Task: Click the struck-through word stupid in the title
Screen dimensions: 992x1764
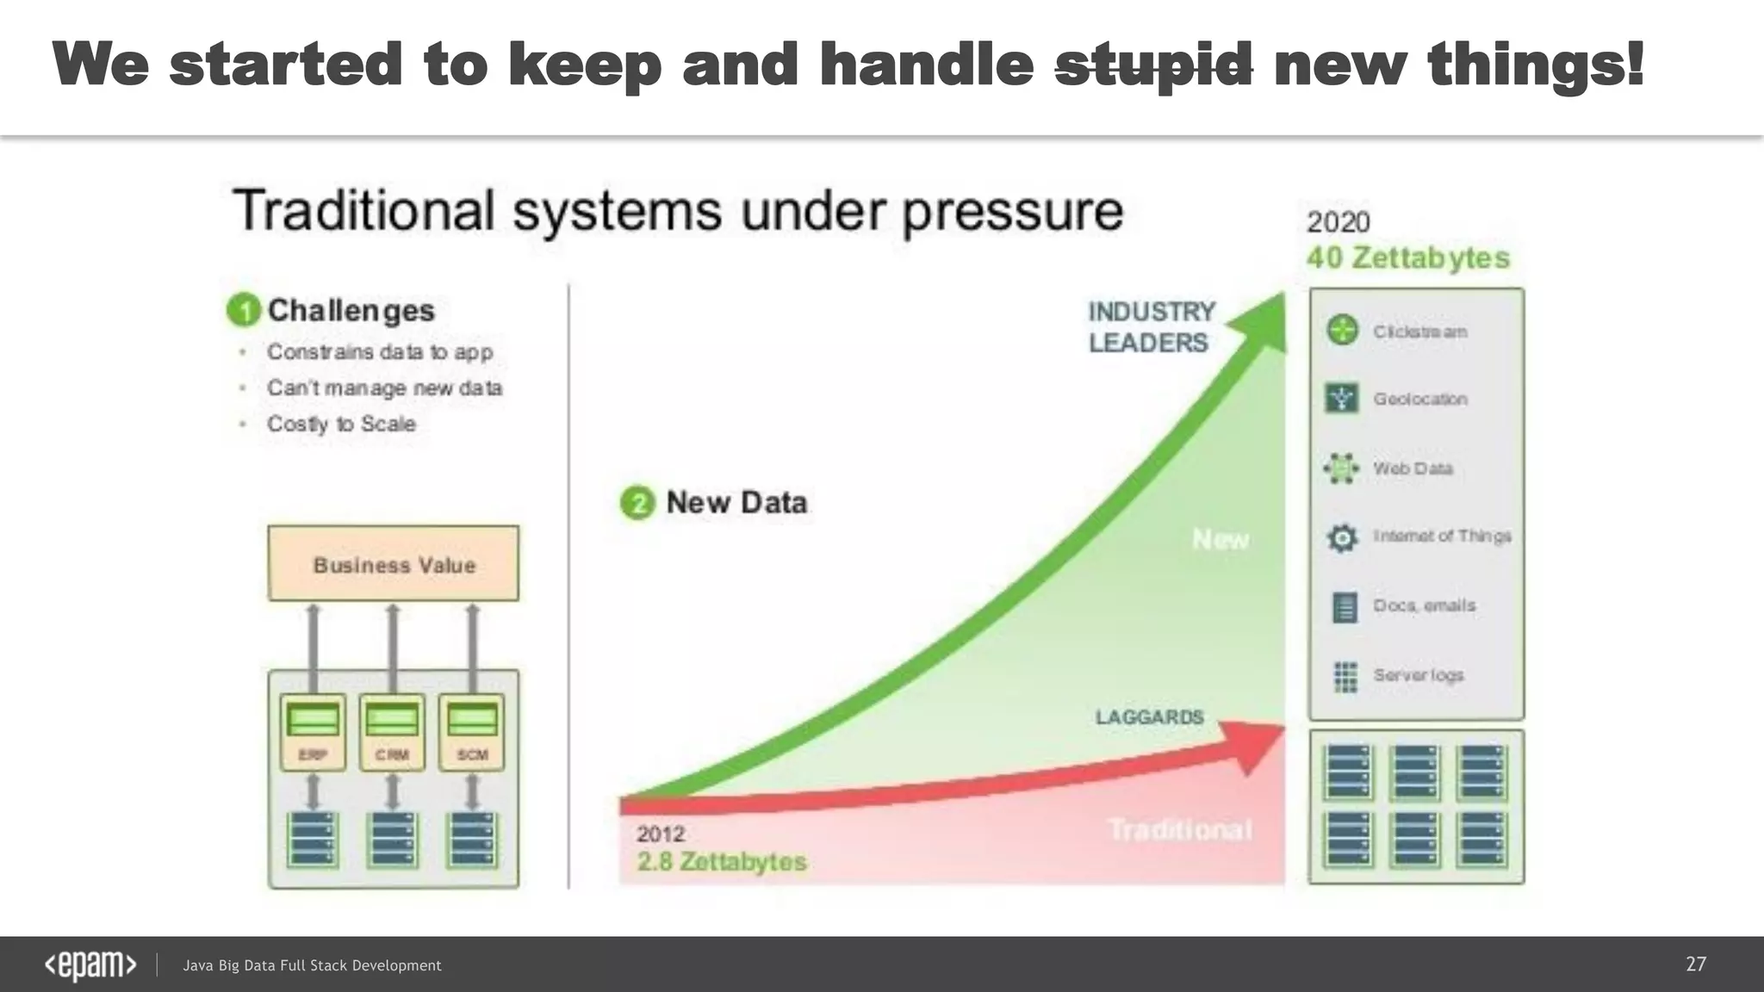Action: pyautogui.click(x=1153, y=65)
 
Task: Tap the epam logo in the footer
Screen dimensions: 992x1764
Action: pyautogui.click(x=90, y=965)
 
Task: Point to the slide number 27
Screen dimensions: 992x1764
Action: pyautogui.click(x=1695, y=964)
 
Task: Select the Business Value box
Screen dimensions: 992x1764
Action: pyautogui.click(x=394, y=564)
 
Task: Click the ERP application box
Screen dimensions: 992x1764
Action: pyautogui.click(x=313, y=732)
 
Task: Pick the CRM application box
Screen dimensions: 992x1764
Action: pyautogui.click(x=392, y=732)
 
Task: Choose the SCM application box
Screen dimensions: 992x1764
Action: pyautogui.click(x=472, y=732)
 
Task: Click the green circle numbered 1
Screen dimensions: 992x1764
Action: pyautogui.click(x=244, y=310)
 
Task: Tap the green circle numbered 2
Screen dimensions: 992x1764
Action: pyautogui.click(x=637, y=503)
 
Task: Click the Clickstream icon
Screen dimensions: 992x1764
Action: pyautogui.click(x=1342, y=331)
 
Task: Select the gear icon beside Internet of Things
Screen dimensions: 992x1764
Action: pyautogui.click(x=1342, y=537)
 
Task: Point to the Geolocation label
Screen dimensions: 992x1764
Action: pyautogui.click(x=1420, y=399)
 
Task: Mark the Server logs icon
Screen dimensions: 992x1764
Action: pyautogui.click(x=1345, y=676)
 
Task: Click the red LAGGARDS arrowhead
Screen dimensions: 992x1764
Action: pyautogui.click(x=1258, y=742)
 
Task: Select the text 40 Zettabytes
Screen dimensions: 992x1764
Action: pyautogui.click(x=1407, y=257)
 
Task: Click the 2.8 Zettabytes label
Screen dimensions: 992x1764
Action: pyautogui.click(x=722, y=861)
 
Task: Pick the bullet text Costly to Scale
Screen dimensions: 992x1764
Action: pyautogui.click(x=341, y=424)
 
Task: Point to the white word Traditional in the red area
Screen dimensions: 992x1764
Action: pyautogui.click(x=1179, y=829)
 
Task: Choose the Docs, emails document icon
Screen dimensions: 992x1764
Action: pyautogui.click(x=1344, y=607)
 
